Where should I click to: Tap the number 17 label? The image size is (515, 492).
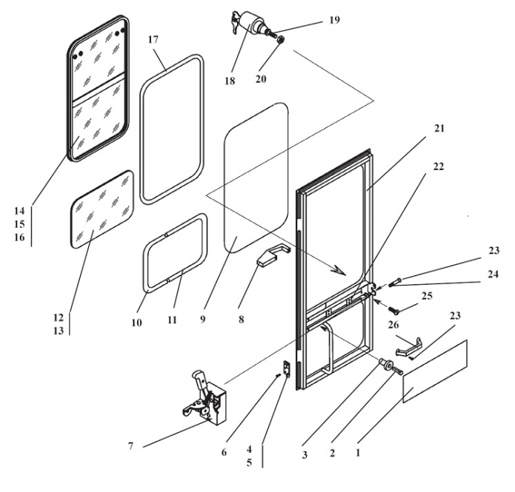click(x=153, y=38)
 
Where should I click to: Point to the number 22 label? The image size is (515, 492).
click(x=439, y=166)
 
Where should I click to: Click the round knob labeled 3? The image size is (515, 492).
click(x=385, y=364)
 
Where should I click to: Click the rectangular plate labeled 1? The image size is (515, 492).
click(x=435, y=371)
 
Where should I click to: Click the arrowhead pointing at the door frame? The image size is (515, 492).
click(x=339, y=270)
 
